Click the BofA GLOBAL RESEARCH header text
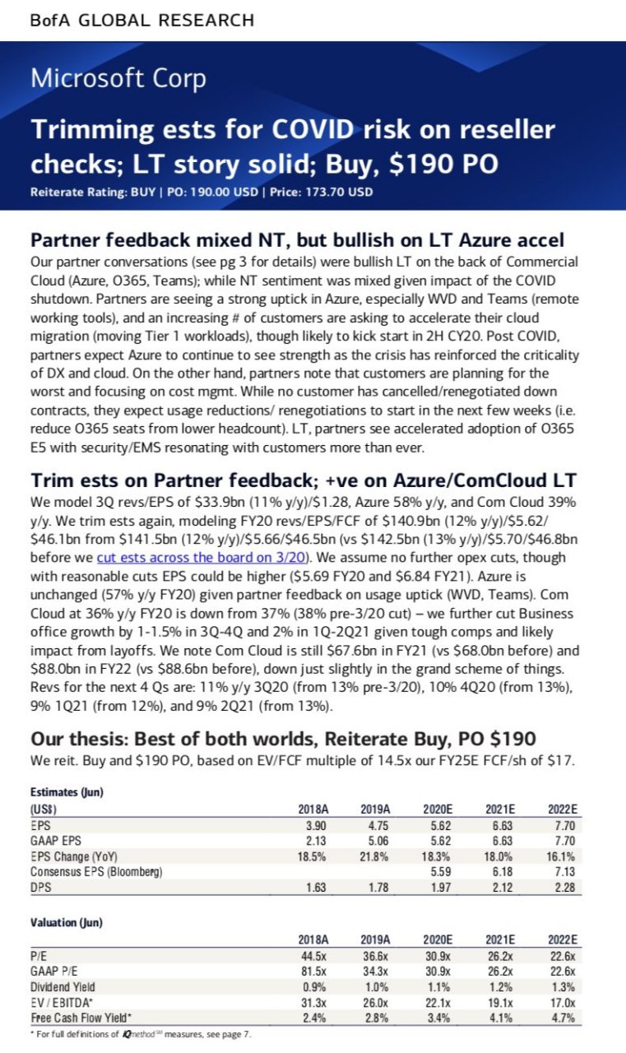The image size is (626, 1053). (141, 20)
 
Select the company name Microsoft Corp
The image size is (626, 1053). (118, 79)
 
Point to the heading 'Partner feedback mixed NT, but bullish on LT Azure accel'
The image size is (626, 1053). (297, 240)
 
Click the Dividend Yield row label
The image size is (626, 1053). (63, 986)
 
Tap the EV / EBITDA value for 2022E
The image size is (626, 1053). (563, 1002)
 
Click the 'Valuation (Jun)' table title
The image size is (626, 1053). (67, 922)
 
